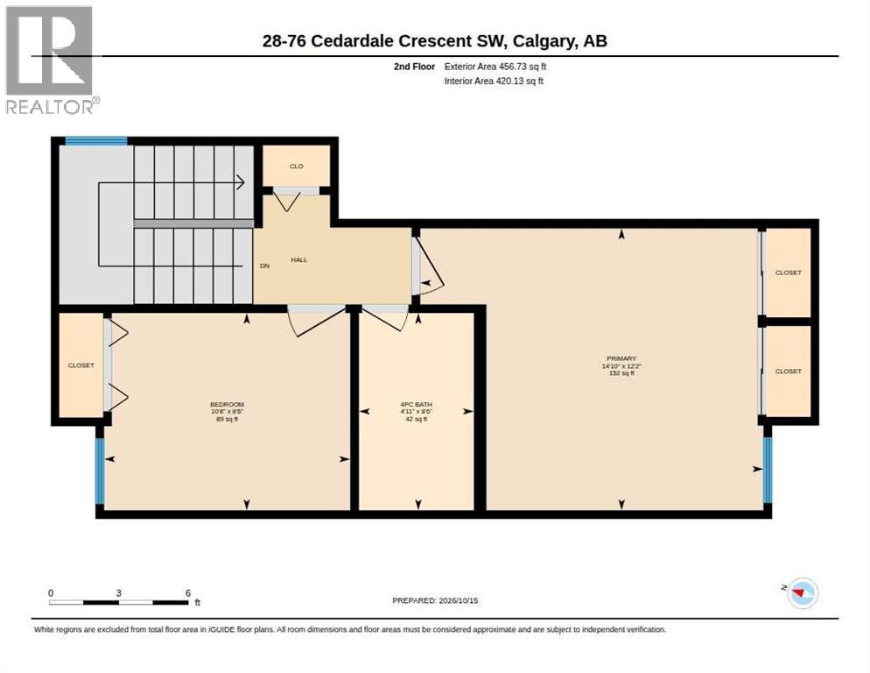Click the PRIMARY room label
pos(621,358)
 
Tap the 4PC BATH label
pos(416,405)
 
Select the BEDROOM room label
pos(227,405)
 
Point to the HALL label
pos(298,259)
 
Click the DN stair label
pos(264,266)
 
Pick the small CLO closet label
pos(297,166)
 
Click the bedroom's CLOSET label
pos(81,365)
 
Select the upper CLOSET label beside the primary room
pos(788,273)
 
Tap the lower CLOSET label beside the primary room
pos(788,371)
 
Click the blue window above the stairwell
pos(96,140)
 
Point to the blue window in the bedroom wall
pos(100,471)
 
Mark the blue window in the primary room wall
pos(768,471)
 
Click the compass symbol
pos(803,593)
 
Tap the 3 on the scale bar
pos(119,593)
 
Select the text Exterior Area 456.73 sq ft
pos(495,67)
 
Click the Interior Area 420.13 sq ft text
pos(494,81)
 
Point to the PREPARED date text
pos(435,601)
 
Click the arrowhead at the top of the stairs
pos(241,181)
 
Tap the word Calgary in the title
pos(544,41)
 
